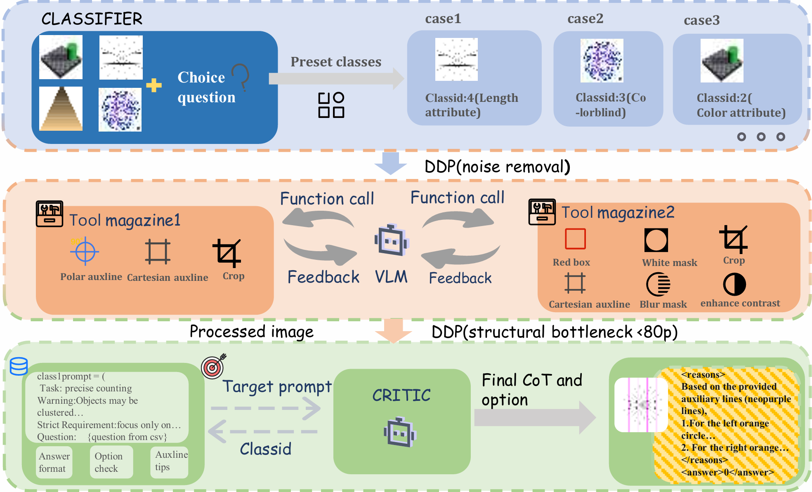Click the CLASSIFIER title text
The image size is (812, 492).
coord(92,19)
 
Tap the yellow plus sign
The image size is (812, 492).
coord(154,85)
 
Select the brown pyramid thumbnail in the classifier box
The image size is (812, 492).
coord(61,109)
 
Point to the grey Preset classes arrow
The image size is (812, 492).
coord(336,78)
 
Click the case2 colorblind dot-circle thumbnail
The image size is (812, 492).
coord(602,61)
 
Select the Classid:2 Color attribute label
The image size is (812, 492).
coord(741,105)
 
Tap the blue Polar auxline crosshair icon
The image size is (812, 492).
coord(85,251)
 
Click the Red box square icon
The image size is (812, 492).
coord(575,239)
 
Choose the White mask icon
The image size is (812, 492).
coord(656,240)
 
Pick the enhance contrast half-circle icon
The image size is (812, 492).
coord(734,285)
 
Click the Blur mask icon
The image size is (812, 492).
coord(658,285)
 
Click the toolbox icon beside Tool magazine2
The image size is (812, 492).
coord(542,212)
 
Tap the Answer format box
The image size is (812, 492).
coord(54,462)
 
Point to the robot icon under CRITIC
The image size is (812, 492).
coord(400,432)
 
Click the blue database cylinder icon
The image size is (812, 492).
coord(19,366)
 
